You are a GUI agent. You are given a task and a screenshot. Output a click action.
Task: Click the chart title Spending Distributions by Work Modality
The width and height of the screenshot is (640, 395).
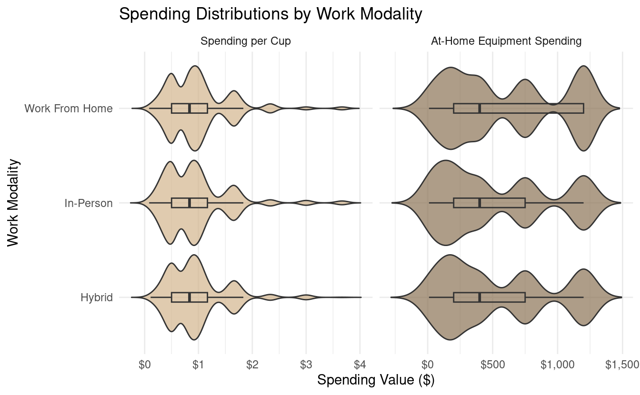270,14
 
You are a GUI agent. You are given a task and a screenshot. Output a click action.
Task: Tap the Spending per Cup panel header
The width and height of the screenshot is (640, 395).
246,41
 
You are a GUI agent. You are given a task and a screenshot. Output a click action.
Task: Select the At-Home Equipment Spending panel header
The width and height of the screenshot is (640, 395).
506,41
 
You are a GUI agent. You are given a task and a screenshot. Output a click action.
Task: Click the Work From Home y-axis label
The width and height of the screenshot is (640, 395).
69,109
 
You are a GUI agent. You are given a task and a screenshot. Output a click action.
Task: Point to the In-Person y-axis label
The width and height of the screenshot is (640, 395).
89,203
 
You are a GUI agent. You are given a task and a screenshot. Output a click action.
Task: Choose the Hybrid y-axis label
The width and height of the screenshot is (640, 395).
97,298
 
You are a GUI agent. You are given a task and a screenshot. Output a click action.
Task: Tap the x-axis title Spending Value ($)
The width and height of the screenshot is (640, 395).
376,380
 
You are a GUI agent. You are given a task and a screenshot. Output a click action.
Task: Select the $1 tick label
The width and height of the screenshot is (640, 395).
199,365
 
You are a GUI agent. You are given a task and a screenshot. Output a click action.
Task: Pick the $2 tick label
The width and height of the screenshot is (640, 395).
252,365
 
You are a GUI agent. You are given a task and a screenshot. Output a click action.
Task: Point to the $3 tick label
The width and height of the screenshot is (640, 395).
306,365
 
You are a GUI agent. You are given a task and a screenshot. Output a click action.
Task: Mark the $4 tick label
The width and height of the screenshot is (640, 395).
360,365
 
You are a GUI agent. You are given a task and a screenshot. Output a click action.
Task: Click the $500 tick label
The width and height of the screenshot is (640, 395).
492,365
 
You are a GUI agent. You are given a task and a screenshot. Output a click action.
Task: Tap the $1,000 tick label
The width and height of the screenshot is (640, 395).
557,365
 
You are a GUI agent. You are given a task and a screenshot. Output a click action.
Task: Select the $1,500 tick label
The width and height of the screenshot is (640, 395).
622,365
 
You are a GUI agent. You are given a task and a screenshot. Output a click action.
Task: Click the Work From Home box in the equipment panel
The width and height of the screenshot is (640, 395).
519,109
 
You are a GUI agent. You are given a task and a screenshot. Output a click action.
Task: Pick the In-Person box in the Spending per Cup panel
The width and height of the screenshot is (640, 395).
190,203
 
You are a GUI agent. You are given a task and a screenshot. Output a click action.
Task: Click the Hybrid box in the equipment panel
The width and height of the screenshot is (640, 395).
490,297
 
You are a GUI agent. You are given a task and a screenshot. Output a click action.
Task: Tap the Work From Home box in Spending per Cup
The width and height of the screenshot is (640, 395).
190,109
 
